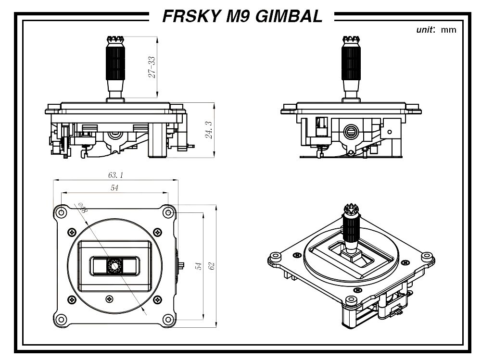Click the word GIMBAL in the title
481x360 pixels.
[289, 16]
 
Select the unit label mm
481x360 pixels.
[448, 30]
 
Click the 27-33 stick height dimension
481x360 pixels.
[152, 67]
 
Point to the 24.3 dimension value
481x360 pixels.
[209, 130]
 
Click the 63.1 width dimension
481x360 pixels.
[115, 175]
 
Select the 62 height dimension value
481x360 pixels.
[211, 266]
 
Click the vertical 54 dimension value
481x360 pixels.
[199, 266]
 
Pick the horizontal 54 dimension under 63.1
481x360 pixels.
[114, 187]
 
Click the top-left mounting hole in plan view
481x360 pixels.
[62, 212]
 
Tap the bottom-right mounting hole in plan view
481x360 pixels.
[168, 320]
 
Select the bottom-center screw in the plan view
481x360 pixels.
[109, 299]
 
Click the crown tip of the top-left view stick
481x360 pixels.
[115, 40]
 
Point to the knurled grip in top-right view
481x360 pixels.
[351, 63]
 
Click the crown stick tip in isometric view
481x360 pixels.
[352, 210]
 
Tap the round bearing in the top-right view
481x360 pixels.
[350, 132]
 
